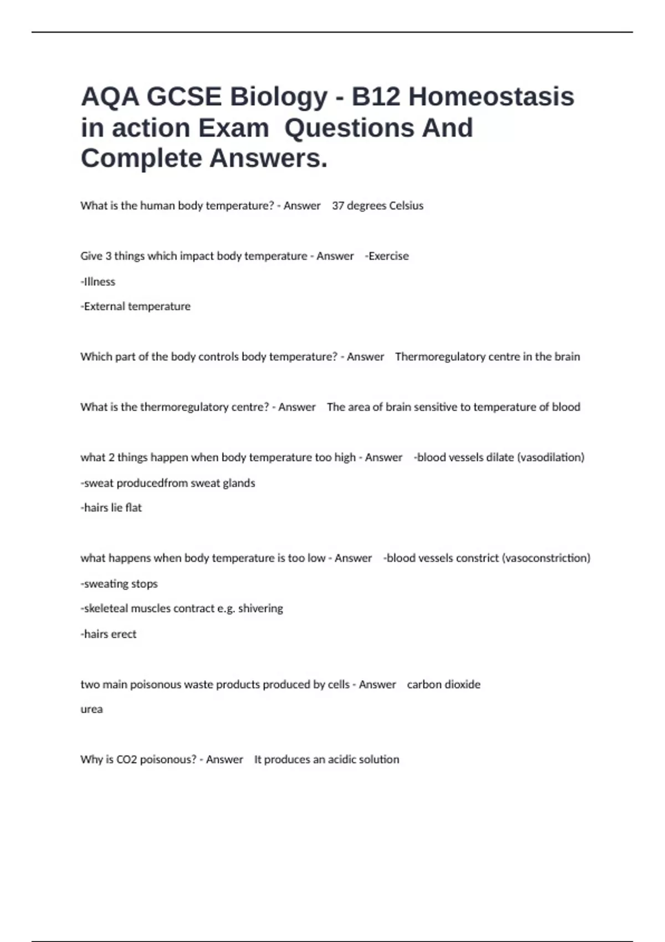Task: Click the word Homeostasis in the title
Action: point(491,96)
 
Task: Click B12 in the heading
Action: point(376,96)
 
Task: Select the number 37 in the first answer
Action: point(337,206)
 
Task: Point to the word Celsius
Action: point(406,206)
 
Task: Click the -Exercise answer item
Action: point(387,256)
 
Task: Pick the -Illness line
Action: point(98,281)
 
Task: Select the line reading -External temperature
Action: point(136,306)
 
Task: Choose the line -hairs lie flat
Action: point(111,508)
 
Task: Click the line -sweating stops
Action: point(119,583)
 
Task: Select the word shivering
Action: point(260,608)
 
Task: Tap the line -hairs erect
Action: point(109,634)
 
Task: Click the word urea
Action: point(91,709)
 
